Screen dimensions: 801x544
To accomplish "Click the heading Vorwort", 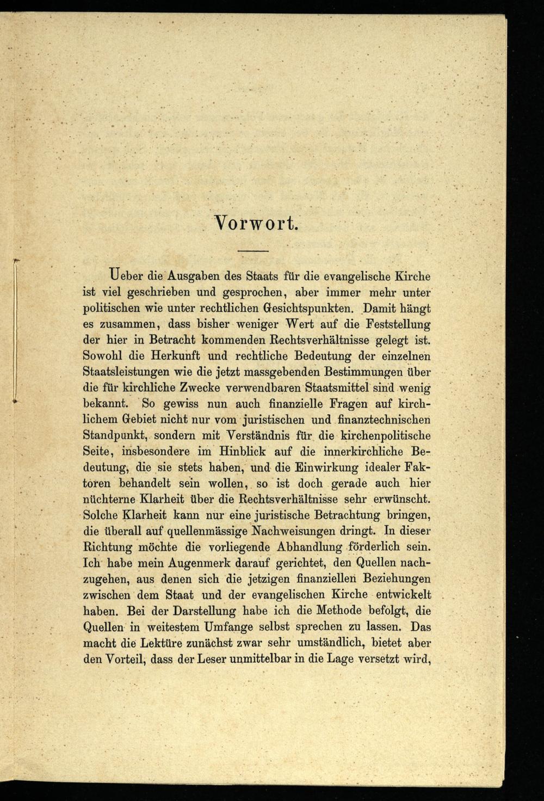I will tap(255, 223).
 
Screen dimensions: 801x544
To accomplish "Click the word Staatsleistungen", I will tap(128, 372).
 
